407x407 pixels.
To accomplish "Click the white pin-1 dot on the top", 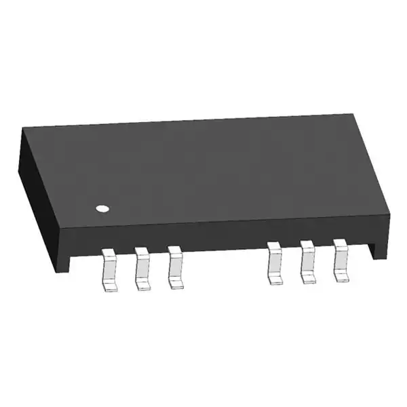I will tap(102, 208).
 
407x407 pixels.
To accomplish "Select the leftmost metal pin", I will tap(109, 269).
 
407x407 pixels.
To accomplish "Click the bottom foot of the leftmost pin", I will tap(110, 287).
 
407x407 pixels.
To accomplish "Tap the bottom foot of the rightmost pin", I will tap(341, 276).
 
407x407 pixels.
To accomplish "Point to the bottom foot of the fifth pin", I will tap(308, 278).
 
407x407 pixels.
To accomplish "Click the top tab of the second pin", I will tap(141, 252).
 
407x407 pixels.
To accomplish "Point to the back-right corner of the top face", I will tap(353, 115).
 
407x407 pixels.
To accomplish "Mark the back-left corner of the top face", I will tap(22, 128).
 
